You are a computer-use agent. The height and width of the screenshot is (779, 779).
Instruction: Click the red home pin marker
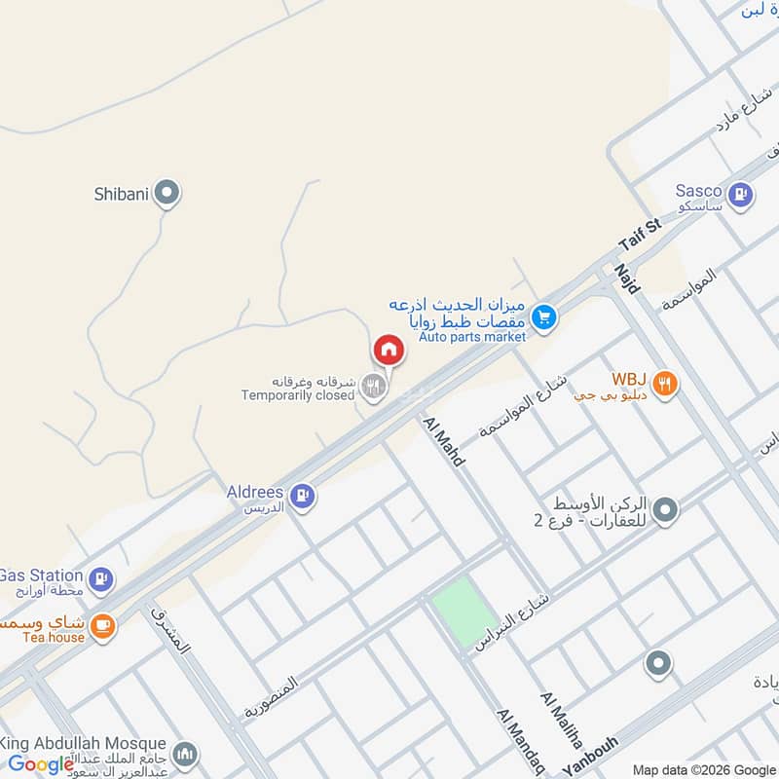point(388,350)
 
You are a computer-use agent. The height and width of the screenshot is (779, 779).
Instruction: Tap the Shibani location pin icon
point(168,193)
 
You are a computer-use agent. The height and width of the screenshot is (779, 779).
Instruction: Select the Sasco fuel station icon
point(742,194)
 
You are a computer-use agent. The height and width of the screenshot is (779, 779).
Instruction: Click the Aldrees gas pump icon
point(303,497)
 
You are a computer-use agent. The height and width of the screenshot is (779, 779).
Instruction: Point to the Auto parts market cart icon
point(543,315)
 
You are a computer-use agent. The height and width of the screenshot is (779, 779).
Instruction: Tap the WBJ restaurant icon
point(665,384)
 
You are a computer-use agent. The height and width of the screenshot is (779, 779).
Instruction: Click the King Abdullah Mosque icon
point(185,755)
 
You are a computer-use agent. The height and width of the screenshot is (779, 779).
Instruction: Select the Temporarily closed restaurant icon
point(372,387)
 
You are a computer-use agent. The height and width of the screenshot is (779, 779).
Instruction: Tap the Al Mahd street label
point(443,441)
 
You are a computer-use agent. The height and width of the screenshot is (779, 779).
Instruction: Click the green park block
point(464,612)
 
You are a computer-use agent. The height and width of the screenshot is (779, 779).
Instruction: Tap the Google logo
point(41,763)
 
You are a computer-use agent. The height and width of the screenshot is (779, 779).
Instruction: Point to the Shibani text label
point(121,194)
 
